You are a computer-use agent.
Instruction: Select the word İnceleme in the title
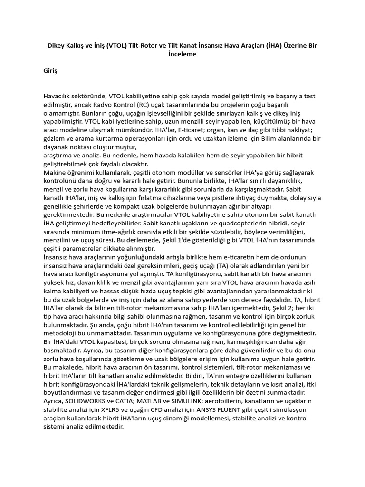(x=182, y=54)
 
